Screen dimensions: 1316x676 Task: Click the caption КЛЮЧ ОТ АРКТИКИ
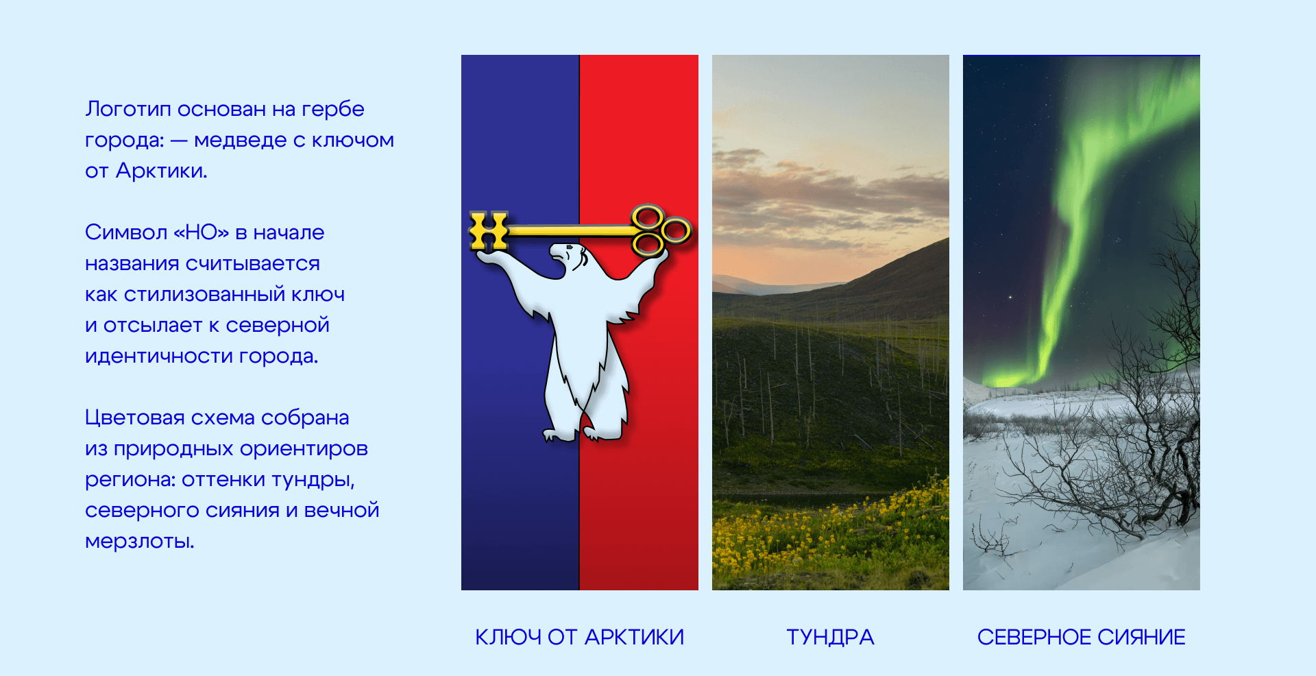tap(579, 637)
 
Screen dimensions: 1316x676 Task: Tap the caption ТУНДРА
tap(830, 637)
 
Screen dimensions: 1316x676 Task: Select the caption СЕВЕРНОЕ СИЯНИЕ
tap(1081, 637)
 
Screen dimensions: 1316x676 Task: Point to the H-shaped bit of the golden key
tap(489, 230)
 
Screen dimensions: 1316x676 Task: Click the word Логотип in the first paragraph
tap(128, 109)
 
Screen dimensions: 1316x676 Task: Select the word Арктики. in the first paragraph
tap(162, 171)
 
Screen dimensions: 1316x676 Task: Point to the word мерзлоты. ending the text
tap(140, 542)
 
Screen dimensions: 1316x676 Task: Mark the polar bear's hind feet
tap(583, 433)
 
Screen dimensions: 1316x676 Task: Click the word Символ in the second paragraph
tap(125, 232)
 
